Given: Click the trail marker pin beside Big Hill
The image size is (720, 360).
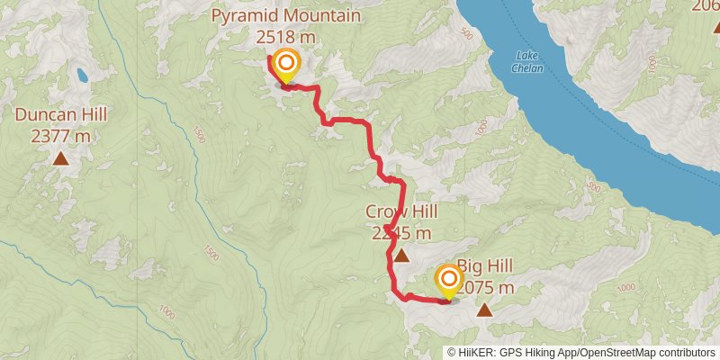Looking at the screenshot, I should [447, 281].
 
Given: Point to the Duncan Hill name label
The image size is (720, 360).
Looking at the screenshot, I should [61, 114].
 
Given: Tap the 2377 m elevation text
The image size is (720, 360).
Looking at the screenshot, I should [61, 136].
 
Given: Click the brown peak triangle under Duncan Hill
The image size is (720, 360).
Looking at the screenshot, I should [61, 159].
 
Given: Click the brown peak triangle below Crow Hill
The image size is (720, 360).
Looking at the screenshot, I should [400, 256].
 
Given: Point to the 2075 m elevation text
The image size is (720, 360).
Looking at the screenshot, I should [486, 288].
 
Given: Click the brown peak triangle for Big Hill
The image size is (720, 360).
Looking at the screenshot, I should [485, 311].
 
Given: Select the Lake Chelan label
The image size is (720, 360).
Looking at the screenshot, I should [527, 61].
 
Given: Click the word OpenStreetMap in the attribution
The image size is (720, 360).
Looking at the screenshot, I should [617, 352].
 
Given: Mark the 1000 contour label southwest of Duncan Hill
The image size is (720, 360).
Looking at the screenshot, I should [167, 311].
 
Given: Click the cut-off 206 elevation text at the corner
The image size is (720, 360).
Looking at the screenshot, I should [705, 7].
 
